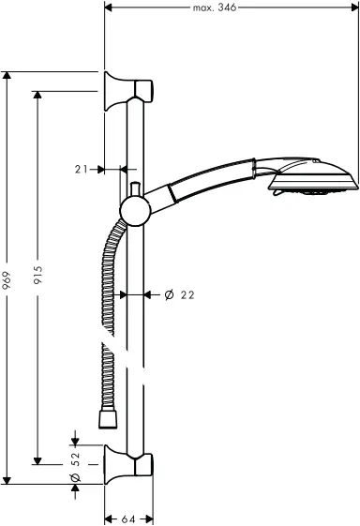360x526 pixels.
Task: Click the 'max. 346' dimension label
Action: (214, 8)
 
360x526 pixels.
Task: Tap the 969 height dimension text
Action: (7, 278)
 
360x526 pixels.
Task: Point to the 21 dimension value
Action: (81, 170)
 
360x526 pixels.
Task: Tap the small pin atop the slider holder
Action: (134, 188)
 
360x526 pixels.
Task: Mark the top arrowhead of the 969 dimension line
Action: (7, 75)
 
